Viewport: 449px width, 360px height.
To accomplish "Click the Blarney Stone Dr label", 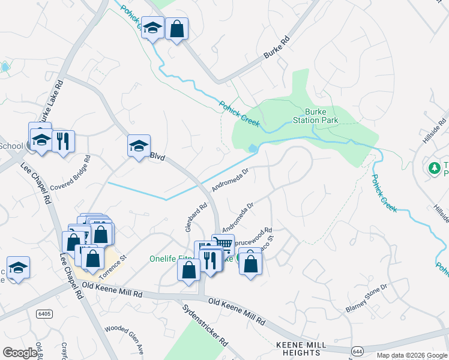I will pyautogui.click(x=367, y=298).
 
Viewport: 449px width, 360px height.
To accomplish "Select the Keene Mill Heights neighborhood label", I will pyautogui.click(x=301, y=349).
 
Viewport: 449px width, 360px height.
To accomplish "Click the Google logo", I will pyautogui.click(x=20, y=353).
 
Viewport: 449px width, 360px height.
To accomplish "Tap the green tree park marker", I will pyautogui.click(x=434, y=168).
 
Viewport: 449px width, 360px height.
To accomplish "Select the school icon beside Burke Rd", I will pyautogui.click(x=152, y=28).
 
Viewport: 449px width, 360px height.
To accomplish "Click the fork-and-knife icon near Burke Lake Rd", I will pyautogui.click(x=63, y=142).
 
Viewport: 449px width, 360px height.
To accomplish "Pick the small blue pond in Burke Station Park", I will pyautogui.click(x=253, y=148).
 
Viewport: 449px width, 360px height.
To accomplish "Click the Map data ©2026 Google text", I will pyautogui.click(x=411, y=355).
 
